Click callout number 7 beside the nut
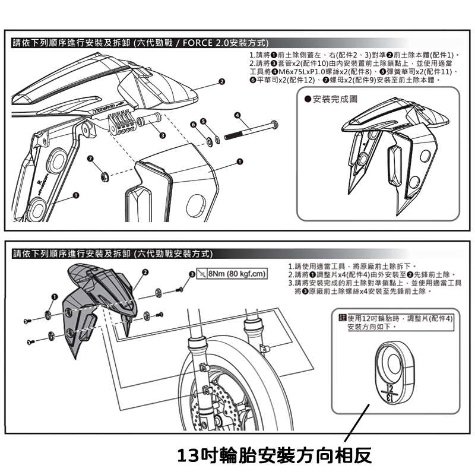90,159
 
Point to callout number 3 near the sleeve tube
162,137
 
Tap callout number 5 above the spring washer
204,121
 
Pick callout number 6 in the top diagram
193,124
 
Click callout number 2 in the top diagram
221,81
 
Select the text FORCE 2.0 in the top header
201,43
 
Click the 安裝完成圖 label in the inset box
334,98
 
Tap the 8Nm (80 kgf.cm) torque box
233,274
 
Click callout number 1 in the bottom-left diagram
54,296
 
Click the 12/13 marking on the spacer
389,392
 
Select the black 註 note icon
342,318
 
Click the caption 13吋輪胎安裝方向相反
274,455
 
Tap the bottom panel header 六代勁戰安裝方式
172,254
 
